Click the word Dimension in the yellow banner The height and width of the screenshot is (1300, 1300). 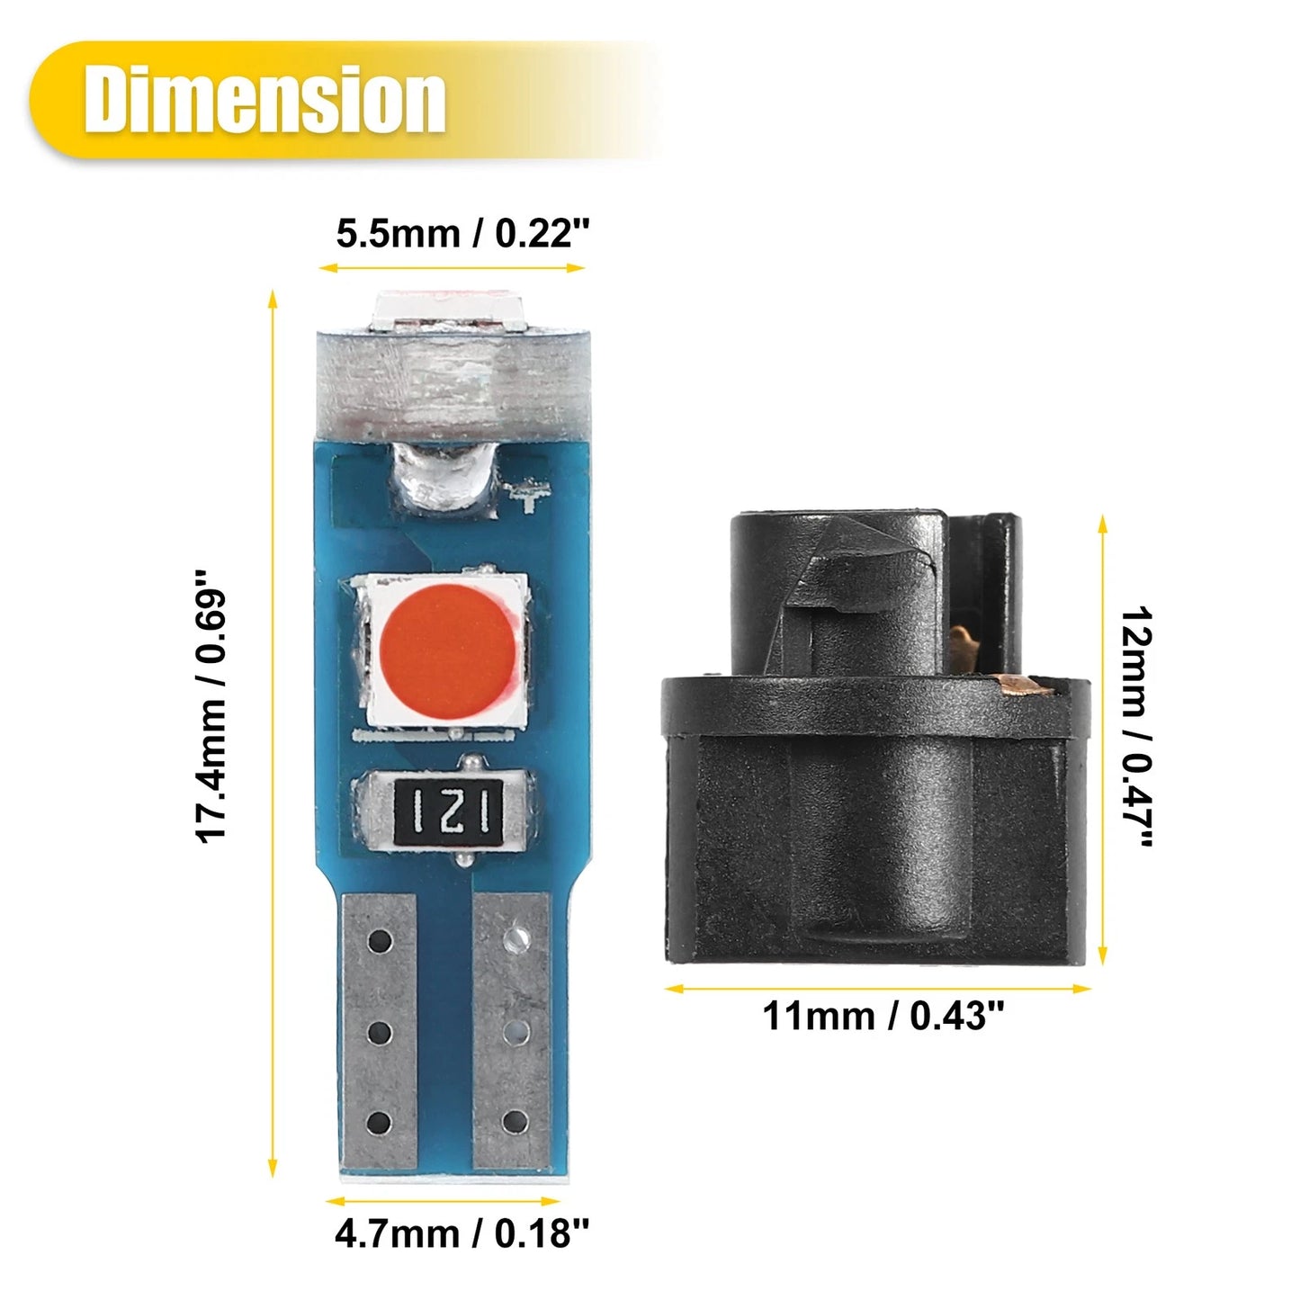pyautogui.click(x=264, y=100)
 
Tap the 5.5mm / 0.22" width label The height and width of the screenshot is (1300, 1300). pyautogui.click(x=462, y=234)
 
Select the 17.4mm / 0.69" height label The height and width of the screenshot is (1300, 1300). pyautogui.click(x=211, y=716)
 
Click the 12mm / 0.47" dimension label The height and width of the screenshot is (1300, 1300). pyautogui.click(x=1136, y=726)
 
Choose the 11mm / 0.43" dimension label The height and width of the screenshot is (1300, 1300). pyautogui.click(x=883, y=1035)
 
